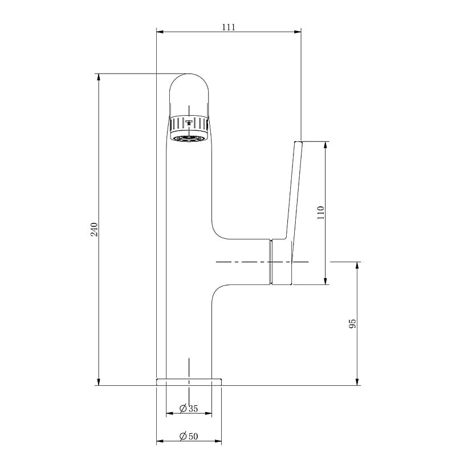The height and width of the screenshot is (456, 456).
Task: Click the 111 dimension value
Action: [x=229, y=27]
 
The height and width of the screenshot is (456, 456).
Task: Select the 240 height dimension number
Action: [x=94, y=230]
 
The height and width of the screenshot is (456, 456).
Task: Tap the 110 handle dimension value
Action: [x=320, y=212]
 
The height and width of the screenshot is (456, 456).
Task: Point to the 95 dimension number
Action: [x=352, y=324]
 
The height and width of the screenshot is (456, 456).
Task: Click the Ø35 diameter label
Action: [x=189, y=409]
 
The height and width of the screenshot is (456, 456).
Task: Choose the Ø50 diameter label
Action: [x=189, y=436]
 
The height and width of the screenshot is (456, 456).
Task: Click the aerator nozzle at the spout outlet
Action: [x=189, y=139]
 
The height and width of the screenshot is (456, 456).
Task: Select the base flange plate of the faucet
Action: [x=189, y=382]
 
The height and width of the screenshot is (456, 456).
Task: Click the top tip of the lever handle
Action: [x=299, y=142]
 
